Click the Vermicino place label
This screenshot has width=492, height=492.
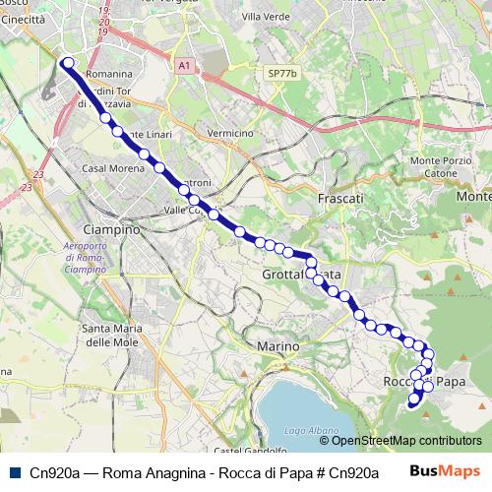(x=231, y=133)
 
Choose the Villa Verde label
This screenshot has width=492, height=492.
(x=263, y=18)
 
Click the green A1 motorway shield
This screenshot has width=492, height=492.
(x=184, y=65)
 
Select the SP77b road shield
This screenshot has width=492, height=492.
(x=281, y=74)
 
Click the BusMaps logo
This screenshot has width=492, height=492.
(x=443, y=471)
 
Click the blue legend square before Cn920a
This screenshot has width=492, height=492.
(x=14, y=472)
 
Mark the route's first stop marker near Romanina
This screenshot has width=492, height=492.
(x=68, y=64)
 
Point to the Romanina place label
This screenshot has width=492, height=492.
(x=110, y=74)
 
